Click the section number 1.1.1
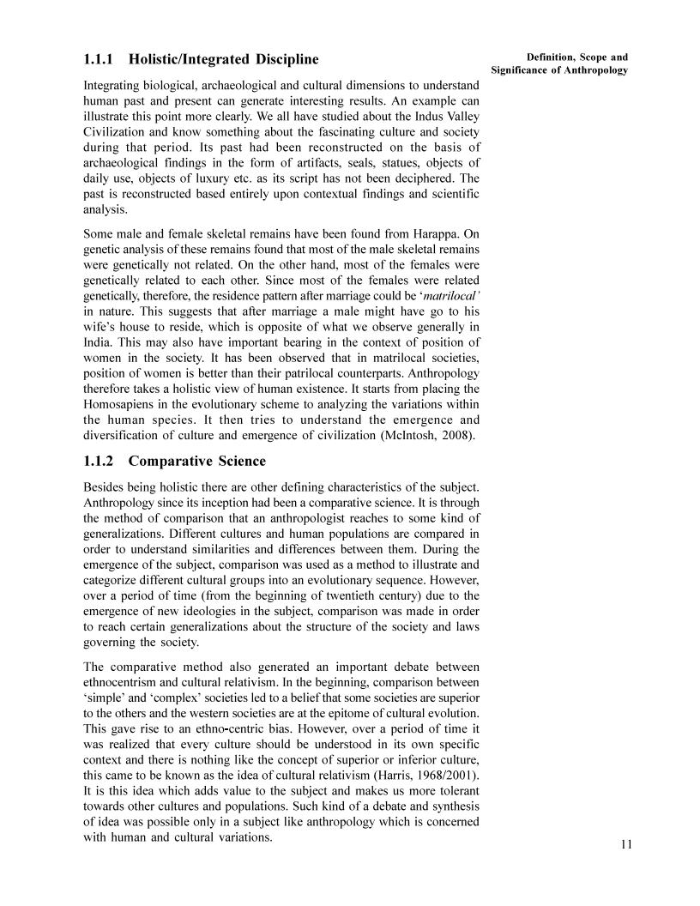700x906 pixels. tap(100, 60)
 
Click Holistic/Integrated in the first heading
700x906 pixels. tap(196, 60)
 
